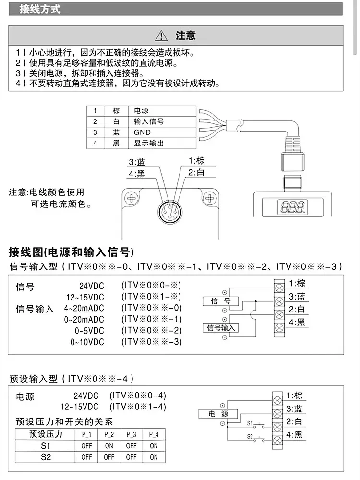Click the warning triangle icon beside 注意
(x=161, y=36)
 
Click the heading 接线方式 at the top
(x=40, y=9)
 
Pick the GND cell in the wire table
(x=142, y=132)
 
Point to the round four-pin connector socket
(x=169, y=211)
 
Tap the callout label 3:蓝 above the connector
(x=137, y=162)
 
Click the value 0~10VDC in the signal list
(x=86, y=342)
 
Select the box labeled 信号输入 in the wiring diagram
(x=221, y=328)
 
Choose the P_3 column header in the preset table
(x=131, y=434)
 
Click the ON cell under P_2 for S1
(x=109, y=445)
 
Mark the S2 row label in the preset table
(x=46, y=457)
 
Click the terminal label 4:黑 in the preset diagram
(x=294, y=435)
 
